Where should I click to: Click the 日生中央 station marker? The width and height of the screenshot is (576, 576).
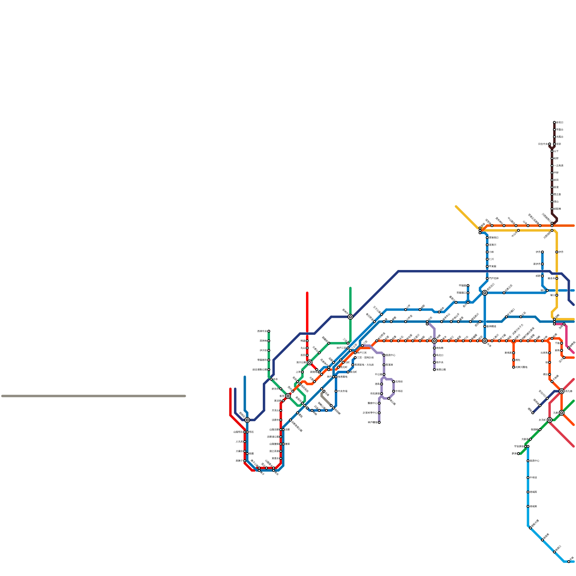[x=550, y=144]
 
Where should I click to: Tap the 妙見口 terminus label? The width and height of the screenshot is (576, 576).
[x=560, y=122]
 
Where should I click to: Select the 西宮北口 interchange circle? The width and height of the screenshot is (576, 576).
[x=485, y=293]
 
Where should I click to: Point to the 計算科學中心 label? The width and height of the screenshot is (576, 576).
[x=370, y=413]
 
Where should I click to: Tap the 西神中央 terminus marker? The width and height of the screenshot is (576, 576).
[x=269, y=331]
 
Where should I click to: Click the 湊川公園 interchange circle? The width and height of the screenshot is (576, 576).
[x=310, y=362]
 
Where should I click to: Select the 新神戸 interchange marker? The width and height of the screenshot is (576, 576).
[x=350, y=317]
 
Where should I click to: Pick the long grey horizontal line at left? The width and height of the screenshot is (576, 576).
[x=94, y=396]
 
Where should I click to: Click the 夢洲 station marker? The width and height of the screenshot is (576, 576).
[x=518, y=454]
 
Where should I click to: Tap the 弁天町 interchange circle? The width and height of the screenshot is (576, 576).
[x=550, y=420]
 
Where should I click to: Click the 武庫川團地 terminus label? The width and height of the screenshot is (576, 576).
[x=521, y=367]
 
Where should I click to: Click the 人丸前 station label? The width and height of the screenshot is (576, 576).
[x=239, y=442]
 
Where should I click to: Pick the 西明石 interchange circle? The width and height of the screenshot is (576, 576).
[x=247, y=420]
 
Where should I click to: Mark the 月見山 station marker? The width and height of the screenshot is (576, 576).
[x=281, y=410]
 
